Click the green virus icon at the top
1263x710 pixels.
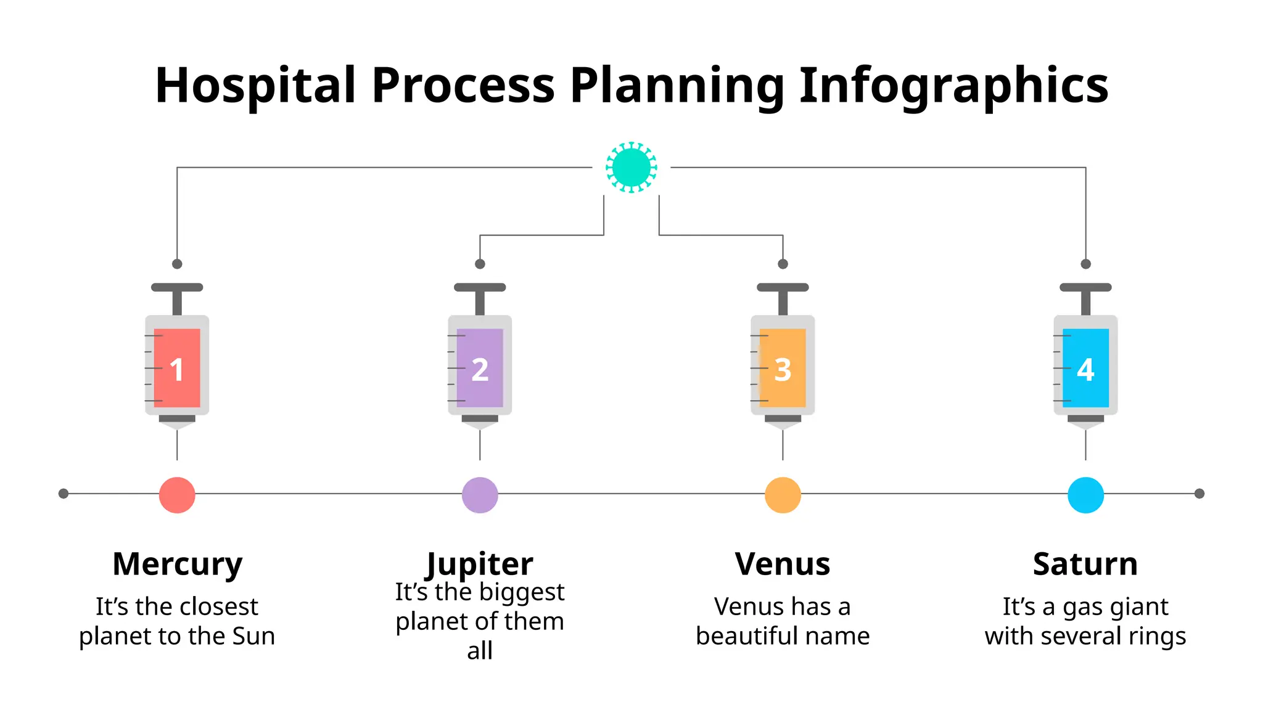(x=631, y=167)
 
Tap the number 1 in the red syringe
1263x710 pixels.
(x=176, y=370)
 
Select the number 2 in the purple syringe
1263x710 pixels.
(x=480, y=370)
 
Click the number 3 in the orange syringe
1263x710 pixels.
(x=783, y=370)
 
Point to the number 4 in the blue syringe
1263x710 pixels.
(x=1085, y=370)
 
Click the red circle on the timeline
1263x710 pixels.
(x=177, y=495)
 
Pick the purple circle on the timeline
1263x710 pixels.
(x=480, y=495)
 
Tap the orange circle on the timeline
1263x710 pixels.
(x=783, y=495)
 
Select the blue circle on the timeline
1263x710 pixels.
(x=1085, y=495)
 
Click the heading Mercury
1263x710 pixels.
(x=178, y=564)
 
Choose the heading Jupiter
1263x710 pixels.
(x=480, y=564)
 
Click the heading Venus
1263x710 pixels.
(x=783, y=564)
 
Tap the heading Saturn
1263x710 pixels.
(x=1085, y=564)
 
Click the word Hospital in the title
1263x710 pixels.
(x=255, y=85)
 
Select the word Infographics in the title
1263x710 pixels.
(x=953, y=85)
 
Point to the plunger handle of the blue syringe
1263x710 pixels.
(x=1085, y=288)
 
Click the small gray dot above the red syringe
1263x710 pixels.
(x=177, y=264)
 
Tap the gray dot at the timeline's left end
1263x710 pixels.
(x=63, y=494)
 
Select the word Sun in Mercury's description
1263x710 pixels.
(x=253, y=636)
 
